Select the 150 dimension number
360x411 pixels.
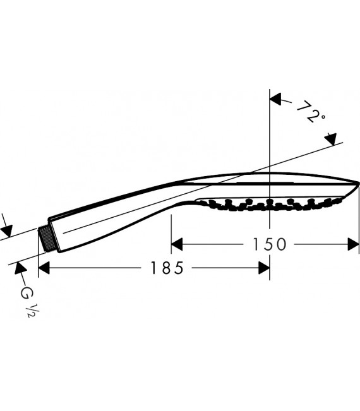[x=268, y=244]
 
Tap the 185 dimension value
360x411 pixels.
[x=167, y=268]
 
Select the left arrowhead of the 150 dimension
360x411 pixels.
[x=177, y=244]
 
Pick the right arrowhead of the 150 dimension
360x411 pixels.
[x=353, y=244]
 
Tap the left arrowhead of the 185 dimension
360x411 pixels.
[x=44, y=268]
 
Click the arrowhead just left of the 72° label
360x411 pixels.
[x=276, y=100]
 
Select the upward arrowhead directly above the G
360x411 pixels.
[x=18, y=268]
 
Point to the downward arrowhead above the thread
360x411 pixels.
[x=6, y=227]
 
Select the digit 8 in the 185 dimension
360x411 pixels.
[x=167, y=268]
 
